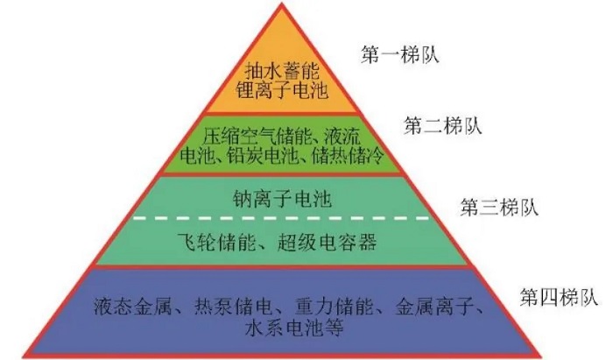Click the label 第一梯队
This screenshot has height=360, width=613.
(400, 54)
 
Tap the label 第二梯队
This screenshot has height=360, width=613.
(442, 125)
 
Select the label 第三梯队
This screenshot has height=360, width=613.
(499, 207)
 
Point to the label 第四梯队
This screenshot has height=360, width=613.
(559, 298)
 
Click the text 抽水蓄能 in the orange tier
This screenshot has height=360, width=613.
(282, 71)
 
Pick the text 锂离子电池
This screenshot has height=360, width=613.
(282, 90)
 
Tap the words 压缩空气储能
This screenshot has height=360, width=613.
(260, 138)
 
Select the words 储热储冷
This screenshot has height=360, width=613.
(348, 157)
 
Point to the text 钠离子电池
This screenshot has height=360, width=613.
(282, 199)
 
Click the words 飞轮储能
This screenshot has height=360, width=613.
(215, 241)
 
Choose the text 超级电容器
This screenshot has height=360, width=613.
(327, 241)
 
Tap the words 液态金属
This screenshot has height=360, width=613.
(132, 306)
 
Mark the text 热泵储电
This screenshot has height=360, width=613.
(233, 306)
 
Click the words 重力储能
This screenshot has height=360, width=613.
(334, 306)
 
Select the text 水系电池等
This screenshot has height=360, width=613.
(294, 328)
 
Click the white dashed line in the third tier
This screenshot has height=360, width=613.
(281, 218)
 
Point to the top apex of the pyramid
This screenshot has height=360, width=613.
(281, 4)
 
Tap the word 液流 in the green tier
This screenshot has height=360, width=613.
(342, 138)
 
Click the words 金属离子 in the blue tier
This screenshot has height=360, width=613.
(434, 306)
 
